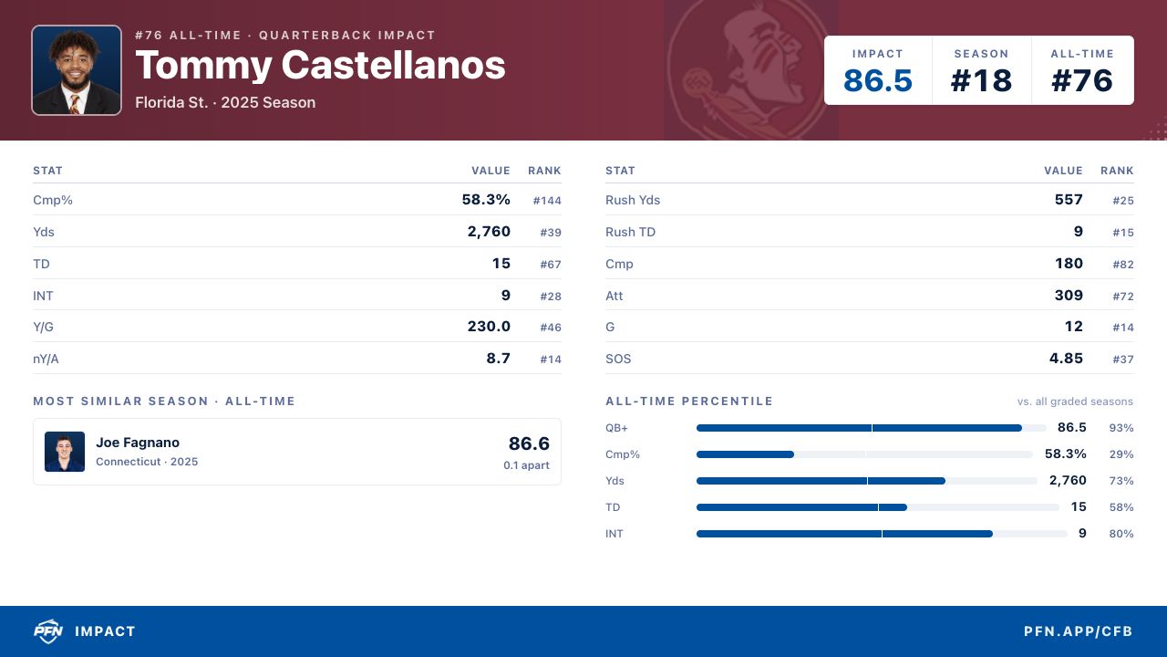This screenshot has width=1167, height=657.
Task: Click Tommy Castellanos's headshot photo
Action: [77, 70]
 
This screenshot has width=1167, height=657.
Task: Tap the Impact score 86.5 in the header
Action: [878, 81]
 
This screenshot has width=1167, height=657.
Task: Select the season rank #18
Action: [982, 81]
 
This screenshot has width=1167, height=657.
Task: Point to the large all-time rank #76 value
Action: [1082, 81]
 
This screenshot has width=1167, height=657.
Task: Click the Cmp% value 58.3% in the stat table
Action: [486, 200]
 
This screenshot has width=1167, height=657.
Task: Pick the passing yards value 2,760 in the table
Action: [489, 232]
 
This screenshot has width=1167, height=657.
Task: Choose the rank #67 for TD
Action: [551, 265]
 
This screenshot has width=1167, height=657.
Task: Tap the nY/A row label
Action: [46, 359]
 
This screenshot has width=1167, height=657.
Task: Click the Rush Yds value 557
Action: [1069, 200]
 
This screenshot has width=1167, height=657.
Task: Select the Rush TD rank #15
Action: [1123, 233]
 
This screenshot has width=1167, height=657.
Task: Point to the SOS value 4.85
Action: [1066, 359]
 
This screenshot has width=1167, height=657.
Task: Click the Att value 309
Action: [1069, 295]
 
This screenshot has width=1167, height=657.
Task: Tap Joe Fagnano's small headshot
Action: [65, 452]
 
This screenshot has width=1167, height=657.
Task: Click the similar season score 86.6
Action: [529, 443]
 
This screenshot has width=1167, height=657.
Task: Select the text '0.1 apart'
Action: [526, 465]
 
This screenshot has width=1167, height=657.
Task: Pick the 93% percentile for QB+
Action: [1121, 428]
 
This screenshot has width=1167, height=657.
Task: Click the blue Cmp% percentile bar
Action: [745, 454]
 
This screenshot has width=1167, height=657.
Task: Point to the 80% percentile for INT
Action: [1121, 534]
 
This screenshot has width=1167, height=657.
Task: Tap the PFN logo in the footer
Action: [48, 631]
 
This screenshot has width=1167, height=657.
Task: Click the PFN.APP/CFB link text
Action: [1078, 631]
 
